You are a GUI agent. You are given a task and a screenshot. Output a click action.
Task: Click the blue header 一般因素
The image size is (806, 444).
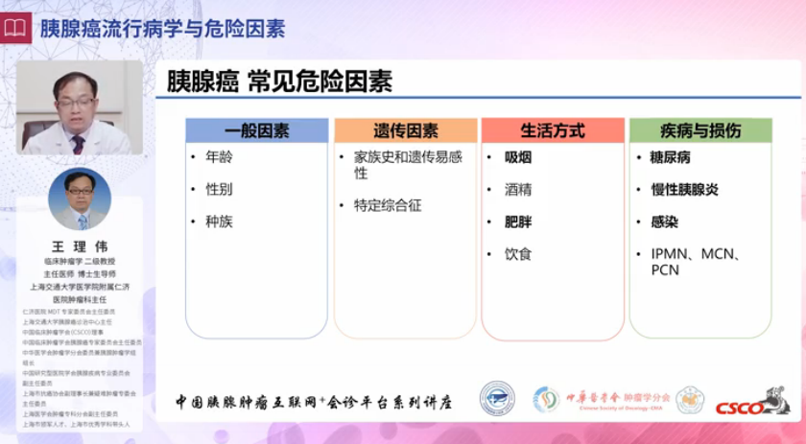(x=256, y=130)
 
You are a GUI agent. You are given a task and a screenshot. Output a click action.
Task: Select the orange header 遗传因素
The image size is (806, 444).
(x=405, y=130)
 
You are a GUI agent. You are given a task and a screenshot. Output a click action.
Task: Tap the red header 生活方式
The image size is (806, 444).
(x=553, y=130)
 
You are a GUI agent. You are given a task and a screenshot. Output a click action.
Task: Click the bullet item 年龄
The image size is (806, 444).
(x=219, y=156)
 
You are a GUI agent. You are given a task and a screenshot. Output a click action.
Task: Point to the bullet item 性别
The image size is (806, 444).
(x=219, y=189)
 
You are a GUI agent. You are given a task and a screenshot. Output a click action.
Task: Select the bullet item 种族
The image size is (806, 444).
(x=219, y=222)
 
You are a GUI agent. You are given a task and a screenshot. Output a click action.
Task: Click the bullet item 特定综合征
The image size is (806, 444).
(x=388, y=205)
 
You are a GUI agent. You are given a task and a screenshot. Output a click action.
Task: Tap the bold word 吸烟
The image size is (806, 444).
(x=518, y=156)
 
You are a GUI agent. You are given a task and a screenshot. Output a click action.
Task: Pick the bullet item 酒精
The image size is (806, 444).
(x=518, y=189)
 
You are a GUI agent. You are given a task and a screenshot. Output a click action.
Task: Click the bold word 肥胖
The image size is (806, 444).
(x=518, y=222)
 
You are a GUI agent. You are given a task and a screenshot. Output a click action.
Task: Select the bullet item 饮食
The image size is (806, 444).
(x=518, y=254)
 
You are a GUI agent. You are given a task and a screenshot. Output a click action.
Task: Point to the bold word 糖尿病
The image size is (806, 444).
(x=670, y=156)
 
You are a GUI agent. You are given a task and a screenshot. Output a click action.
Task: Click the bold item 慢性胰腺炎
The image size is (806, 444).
(x=684, y=189)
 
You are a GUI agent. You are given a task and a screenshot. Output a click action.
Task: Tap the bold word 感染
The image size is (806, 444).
(x=664, y=222)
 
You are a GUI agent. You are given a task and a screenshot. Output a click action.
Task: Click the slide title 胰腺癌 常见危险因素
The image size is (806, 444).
(x=279, y=81)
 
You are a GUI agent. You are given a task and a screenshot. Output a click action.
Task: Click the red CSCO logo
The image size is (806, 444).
(x=751, y=403)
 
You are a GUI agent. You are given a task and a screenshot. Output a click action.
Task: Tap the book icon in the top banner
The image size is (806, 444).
(x=15, y=28)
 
